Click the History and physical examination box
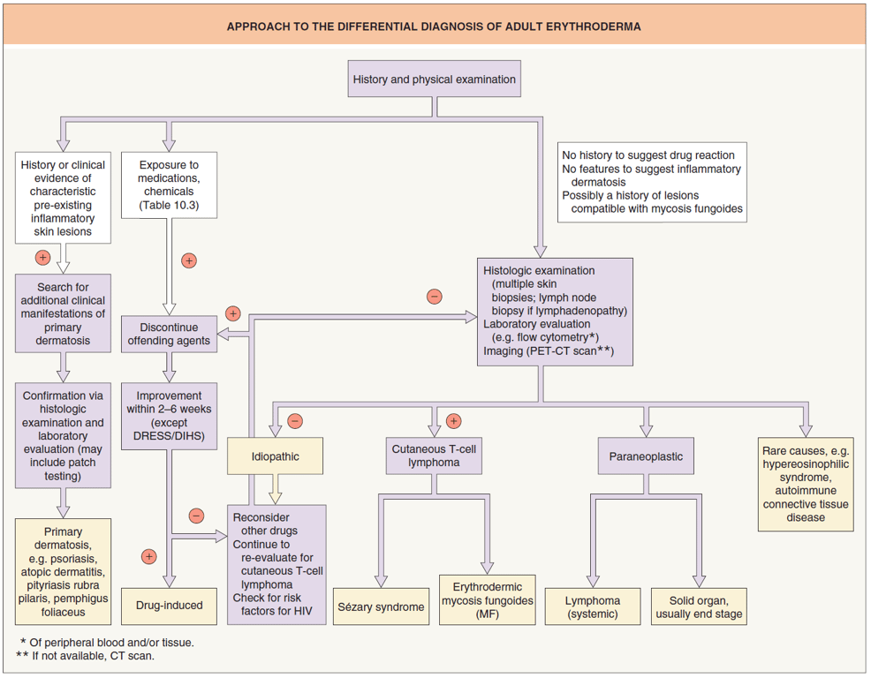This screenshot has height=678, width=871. click(x=434, y=79)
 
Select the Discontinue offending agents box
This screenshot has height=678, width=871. click(x=169, y=334)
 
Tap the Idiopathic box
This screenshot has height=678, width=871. click(x=276, y=456)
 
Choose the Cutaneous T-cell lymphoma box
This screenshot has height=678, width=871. click(x=434, y=456)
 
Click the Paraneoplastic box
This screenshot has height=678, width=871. click(x=646, y=456)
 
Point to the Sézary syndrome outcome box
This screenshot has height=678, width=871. click(x=381, y=606)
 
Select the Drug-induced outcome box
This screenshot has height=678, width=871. click(x=169, y=606)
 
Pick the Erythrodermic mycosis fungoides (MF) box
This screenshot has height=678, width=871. click(x=487, y=600)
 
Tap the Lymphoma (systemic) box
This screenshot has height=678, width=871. click(x=593, y=606)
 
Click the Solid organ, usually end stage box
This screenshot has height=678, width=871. click(x=699, y=606)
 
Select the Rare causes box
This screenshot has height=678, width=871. click(x=805, y=484)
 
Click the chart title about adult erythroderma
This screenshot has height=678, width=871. click(x=434, y=26)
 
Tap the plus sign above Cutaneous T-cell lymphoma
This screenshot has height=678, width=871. click(x=454, y=421)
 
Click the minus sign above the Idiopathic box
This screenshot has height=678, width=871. click(x=295, y=421)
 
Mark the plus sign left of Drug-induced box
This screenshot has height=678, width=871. click(x=148, y=556)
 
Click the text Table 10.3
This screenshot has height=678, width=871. click(x=169, y=205)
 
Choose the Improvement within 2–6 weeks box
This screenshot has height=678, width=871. click(x=169, y=415)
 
